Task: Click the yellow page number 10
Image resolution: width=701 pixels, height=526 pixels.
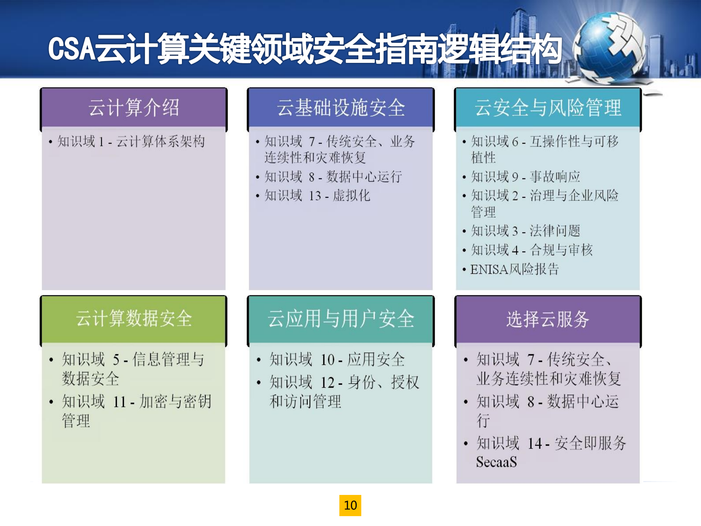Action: coord(350,505)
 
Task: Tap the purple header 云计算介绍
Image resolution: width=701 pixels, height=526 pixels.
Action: coord(134,108)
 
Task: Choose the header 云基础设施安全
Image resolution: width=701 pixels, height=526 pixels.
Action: coord(340,108)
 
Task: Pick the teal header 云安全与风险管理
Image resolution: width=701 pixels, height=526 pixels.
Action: coord(548,108)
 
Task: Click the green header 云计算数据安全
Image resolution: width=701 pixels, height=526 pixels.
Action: coord(134,318)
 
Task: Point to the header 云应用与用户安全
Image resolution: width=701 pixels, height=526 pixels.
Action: coord(340,318)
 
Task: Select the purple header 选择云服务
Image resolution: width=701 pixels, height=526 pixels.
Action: coord(548,319)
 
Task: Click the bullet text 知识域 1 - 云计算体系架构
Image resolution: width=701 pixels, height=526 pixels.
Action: coord(131,141)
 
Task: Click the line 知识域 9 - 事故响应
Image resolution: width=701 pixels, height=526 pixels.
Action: coord(525,177)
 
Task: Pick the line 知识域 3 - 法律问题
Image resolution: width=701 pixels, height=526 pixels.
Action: coord(525,231)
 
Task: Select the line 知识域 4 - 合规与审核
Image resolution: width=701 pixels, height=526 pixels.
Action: coord(532,250)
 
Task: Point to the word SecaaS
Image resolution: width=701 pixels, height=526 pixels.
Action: coord(496,462)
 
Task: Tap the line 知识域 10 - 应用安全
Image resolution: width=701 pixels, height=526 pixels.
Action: coord(337,360)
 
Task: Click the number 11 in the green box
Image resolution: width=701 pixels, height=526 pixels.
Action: coord(119,402)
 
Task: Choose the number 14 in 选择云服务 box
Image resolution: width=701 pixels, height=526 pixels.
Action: coord(534,444)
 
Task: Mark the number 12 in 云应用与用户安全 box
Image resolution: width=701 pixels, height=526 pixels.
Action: coord(327,383)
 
